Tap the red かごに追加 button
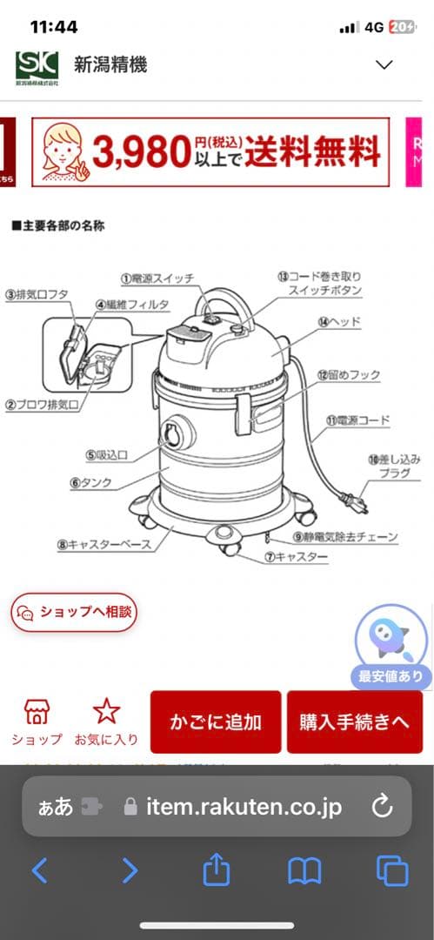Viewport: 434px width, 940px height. pos(216,722)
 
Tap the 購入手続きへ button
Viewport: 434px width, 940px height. pos(354,722)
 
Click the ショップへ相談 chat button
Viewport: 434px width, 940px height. pos(74,612)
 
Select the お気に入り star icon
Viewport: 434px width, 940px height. pos(106,712)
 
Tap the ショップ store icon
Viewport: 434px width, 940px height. pos(37,712)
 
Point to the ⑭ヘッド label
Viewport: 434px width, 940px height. pos(339,322)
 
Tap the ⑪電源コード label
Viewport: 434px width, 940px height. pos(357,420)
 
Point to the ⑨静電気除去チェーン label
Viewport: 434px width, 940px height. pos(345,537)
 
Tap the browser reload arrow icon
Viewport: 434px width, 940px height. pos(382,806)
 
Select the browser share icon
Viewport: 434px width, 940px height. pos(216,870)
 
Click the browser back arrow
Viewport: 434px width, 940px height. pos(39,870)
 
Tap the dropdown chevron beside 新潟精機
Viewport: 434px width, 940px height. pos(384,64)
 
